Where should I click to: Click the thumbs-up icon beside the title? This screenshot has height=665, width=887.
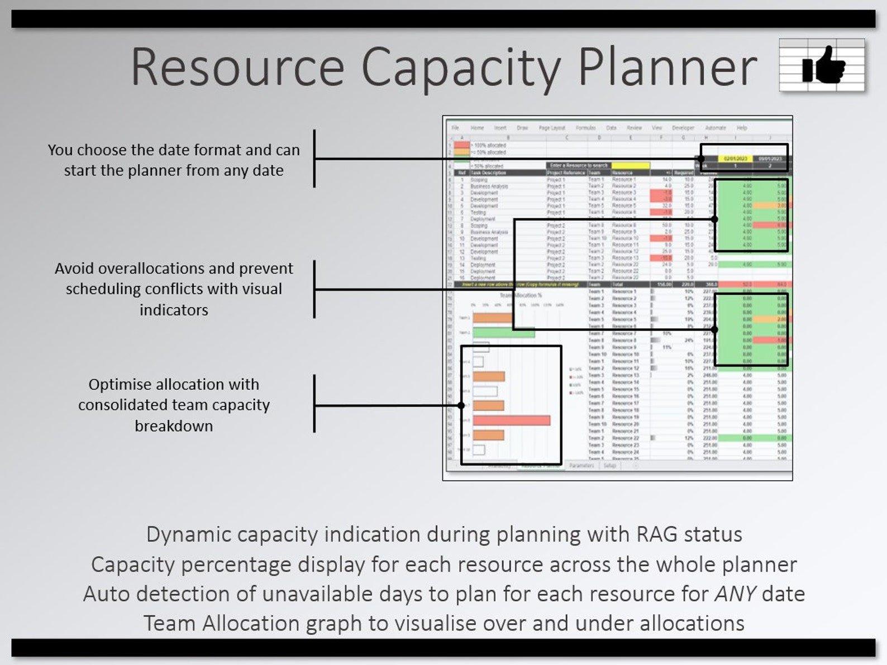click(823, 65)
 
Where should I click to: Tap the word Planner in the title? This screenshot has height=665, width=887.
click(667, 67)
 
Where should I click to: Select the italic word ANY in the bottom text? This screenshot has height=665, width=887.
click(735, 593)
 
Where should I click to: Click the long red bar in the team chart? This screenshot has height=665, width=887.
click(512, 420)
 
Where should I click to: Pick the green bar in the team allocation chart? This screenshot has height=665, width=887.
click(503, 333)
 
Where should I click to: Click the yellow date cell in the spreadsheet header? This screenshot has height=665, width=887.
click(736, 159)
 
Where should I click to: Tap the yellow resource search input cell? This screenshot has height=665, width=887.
click(630, 165)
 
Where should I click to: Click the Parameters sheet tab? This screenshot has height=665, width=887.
click(581, 465)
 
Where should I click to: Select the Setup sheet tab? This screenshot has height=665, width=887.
click(609, 465)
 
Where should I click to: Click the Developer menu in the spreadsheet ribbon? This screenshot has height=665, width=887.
click(683, 128)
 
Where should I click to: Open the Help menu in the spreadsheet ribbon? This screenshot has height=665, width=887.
click(742, 128)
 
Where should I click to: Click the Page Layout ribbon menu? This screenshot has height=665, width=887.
click(552, 128)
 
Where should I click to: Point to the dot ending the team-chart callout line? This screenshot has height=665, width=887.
click(461, 405)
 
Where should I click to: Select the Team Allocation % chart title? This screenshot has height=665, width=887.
click(520, 295)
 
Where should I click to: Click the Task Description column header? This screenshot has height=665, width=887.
click(488, 173)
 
